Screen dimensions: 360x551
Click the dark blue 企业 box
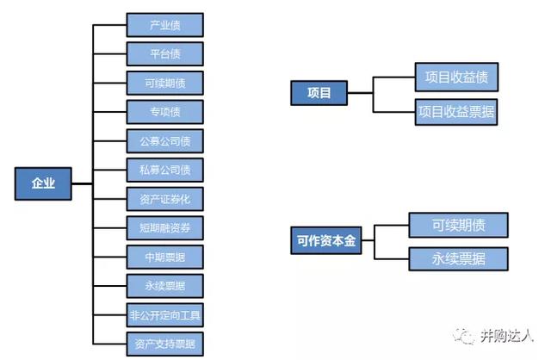(x=43, y=183)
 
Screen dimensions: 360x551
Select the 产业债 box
(x=164, y=24)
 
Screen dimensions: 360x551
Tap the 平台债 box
(x=164, y=53)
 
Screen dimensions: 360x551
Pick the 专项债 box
(x=164, y=112)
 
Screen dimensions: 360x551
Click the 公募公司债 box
(x=164, y=140)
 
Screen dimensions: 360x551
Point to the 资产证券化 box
(x=164, y=199)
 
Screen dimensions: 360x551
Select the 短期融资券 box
(x=164, y=228)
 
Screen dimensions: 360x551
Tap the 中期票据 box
(x=164, y=258)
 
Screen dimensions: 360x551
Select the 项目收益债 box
(x=456, y=77)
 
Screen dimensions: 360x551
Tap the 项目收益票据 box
(x=456, y=112)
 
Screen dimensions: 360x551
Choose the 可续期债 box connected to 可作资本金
(x=458, y=225)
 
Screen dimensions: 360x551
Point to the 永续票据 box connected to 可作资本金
(x=458, y=258)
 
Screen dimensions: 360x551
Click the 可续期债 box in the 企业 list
(x=164, y=83)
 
